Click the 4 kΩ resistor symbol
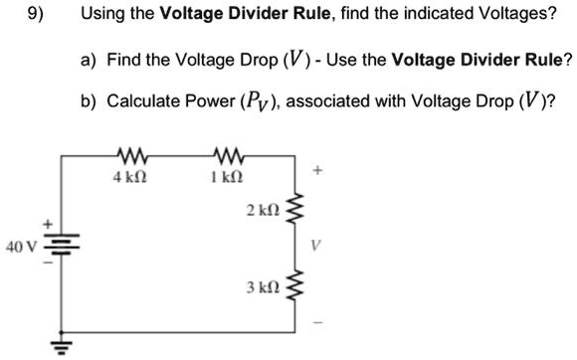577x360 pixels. pos(131,155)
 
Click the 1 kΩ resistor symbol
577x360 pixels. pos(230,155)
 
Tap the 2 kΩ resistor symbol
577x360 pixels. pos(293,211)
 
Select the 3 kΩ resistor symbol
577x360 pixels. pos(293,285)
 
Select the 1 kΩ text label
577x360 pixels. pos(229,177)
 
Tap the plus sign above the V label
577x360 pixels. pos(317,171)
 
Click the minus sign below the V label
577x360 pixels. pos(317,321)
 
